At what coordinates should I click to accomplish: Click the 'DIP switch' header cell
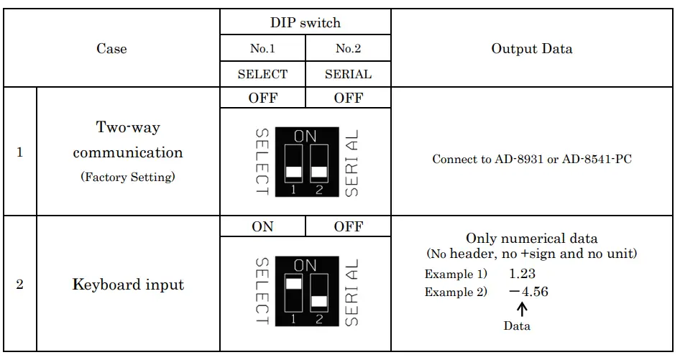[x=305, y=22]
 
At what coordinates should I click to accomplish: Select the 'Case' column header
[x=111, y=49]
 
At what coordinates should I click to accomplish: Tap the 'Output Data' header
[x=532, y=49]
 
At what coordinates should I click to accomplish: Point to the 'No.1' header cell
[x=263, y=49]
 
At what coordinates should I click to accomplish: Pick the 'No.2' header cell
[x=349, y=49]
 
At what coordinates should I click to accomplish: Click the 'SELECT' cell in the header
[x=263, y=74]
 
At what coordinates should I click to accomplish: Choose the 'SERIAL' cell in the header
[x=349, y=74]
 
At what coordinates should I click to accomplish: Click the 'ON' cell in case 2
[x=263, y=226]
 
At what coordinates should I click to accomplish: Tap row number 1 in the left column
[x=19, y=152]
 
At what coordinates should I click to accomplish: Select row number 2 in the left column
[x=19, y=285]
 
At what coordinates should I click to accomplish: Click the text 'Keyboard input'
[x=128, y=285]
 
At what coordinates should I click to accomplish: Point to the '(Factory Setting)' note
[x=128, y=177]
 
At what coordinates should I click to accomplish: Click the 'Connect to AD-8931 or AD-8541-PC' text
[x=532, y=159]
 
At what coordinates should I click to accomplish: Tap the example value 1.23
[x=522, y=274]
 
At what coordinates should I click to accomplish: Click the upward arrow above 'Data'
[x=523, y=310]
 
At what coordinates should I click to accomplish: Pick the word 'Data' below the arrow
[x=517, y=326]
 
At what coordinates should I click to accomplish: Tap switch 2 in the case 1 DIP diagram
[x=319, y=164]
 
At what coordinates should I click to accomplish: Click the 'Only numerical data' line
[x=532, y=239]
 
